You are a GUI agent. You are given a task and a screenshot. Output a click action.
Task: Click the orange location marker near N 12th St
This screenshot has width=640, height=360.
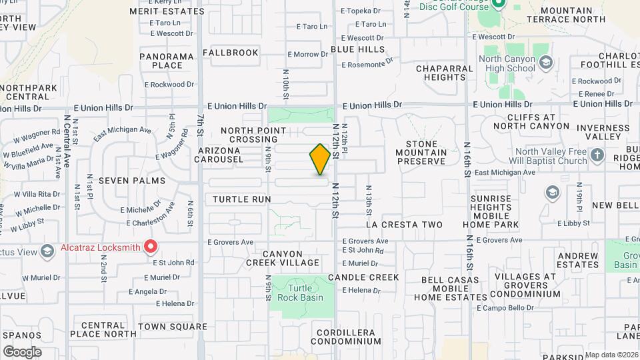[x=320, y=159]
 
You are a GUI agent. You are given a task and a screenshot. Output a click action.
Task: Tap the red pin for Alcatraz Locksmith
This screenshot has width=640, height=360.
[x=151, y=247]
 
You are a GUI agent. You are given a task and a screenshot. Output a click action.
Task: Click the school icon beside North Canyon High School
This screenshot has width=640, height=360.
[x=546, y=63]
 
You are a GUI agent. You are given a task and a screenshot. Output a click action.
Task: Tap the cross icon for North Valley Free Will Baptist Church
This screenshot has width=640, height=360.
[x=597, y=156]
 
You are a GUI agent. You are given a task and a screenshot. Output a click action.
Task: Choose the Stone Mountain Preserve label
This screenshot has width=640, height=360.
[x=421, y=152]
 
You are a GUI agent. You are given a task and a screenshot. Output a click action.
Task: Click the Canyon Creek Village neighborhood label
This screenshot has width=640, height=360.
[x=283, y=259]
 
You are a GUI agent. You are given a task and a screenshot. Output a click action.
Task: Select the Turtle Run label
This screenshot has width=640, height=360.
[x=242, y=199]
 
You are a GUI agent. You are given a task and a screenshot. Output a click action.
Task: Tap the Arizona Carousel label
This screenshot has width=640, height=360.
[x=229, y=155]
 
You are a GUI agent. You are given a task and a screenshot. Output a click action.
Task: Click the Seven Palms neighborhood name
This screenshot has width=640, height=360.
[x=127, y=181]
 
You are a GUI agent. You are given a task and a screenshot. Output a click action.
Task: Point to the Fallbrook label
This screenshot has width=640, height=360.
[x=230, y=52]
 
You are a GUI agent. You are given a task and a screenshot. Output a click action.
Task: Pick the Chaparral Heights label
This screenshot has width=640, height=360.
[x=440, y=73]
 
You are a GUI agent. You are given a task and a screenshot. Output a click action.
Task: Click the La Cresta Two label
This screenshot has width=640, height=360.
[x=404, y=225]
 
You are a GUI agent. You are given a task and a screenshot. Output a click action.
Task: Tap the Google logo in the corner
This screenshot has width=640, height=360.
[x=22, y=351]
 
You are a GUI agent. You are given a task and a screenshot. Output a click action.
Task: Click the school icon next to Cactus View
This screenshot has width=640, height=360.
[x=47, y=251]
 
